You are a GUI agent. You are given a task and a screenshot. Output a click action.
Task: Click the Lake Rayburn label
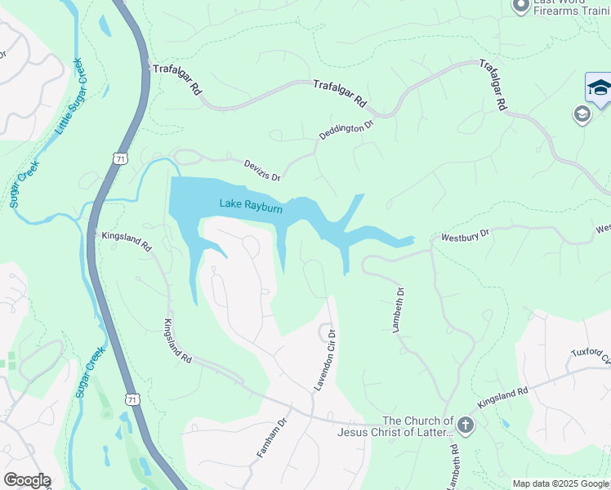click(x=251, y=206)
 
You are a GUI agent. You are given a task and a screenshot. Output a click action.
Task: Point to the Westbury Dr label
click(x=465, y=234)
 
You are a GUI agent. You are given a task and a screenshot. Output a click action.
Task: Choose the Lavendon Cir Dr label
click(x=325, y=359)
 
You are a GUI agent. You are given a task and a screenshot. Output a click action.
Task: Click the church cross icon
click(x=465, y=425)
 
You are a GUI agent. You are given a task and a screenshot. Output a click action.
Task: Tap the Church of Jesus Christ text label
click(x=395, y=425)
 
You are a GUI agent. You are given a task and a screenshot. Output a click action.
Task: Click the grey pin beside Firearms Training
click(x=520, y=7)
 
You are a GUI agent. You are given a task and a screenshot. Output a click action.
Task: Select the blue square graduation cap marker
click(x=599, y=88)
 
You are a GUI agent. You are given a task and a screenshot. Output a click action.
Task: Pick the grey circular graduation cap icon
click(x=582, y=114)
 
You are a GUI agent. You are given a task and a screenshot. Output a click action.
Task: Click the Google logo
click(x=26, y=480)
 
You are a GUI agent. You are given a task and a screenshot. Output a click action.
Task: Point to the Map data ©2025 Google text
click(x=561, y=483)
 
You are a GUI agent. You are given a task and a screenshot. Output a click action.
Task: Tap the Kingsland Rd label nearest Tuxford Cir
click(x=503, y=398)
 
